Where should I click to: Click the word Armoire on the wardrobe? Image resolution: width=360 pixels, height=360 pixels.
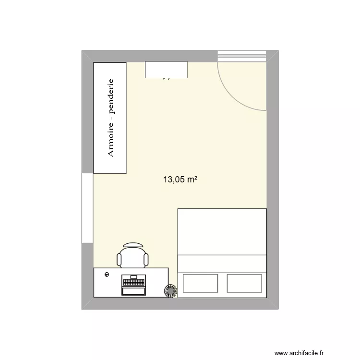click(110, 140)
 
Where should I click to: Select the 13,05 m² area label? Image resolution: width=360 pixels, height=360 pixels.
click(181, 180)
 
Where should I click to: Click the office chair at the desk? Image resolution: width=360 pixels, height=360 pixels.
click(133, 256)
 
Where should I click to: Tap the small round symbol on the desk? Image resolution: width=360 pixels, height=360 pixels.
click(107, 275)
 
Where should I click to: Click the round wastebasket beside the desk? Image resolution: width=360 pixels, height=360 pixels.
click(170, 290)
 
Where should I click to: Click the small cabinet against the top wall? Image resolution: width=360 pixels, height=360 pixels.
click(166, 70)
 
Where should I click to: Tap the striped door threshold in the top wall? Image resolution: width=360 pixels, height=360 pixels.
click(241, 56)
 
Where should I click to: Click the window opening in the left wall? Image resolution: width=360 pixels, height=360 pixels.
click(87, 208)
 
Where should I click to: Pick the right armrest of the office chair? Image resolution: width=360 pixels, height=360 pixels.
click(146, 260)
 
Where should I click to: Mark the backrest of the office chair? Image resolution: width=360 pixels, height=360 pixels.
click(133, 244)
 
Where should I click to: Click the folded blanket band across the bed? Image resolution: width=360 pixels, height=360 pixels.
click(222, 263)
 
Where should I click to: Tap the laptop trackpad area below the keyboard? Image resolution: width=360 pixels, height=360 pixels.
click(133, 291)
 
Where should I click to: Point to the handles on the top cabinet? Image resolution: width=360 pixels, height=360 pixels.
click(166, 78)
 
